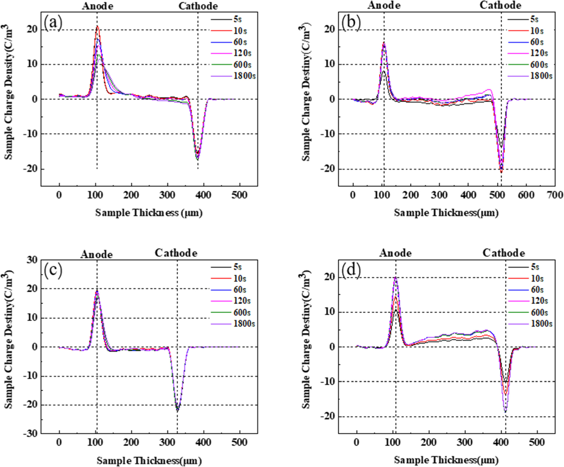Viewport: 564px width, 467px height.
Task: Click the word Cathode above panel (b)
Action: pyautogui.click(x=500, y=5)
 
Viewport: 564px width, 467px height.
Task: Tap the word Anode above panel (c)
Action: pyautogui.click(x=96, y=254)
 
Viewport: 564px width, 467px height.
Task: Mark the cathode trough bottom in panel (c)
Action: pyautogui.click(x=177, y=411)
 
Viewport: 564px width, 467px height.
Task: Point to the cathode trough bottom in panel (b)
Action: pyautogui.click(x=501, y=172)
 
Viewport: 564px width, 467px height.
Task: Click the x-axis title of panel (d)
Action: pyautogui.click(x=446, y=460)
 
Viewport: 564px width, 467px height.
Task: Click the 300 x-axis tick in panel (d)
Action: pyautogui.click(x=465, y=442)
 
